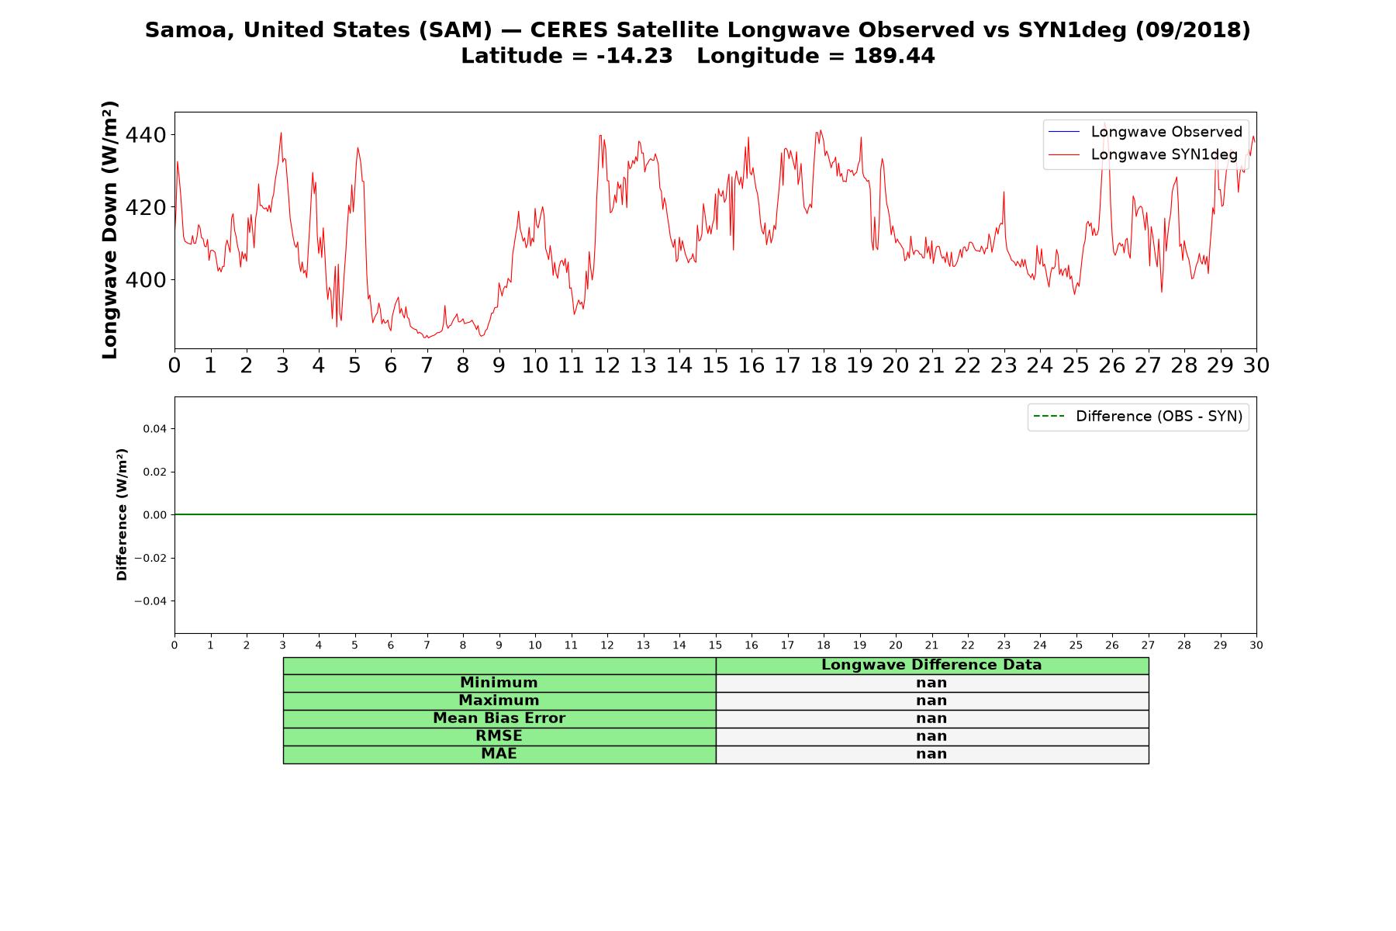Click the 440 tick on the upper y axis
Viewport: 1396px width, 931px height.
click(145, 136)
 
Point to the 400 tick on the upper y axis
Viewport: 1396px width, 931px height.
click(145, 280)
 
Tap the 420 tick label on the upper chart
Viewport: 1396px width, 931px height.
click(145, 208)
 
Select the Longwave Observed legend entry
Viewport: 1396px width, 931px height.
click(1145, 132)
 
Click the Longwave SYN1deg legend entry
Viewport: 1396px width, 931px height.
click(1142, 154)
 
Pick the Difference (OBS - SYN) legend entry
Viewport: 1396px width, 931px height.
click(1138, 417)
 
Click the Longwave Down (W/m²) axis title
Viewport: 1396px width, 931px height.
click(110, 230)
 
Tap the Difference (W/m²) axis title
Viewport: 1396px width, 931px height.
click(122, 514)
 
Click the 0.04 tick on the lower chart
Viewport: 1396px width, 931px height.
click(155, 429)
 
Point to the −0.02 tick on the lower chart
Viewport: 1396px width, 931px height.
click(151, 559)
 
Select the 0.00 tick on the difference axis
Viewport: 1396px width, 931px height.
click(155, 515)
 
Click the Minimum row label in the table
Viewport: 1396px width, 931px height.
click(499, 683)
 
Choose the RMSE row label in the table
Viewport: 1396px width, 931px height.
click(499, 736)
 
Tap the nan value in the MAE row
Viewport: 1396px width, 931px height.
click(931, 754)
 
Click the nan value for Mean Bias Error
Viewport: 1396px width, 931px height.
click(931, 718)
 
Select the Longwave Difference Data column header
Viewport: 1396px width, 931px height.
click(931, 665)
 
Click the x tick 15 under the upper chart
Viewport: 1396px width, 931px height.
click(715, 365)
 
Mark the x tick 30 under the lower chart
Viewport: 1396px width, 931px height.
click(1256, 645)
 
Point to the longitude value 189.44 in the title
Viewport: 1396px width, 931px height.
click(894, 56)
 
